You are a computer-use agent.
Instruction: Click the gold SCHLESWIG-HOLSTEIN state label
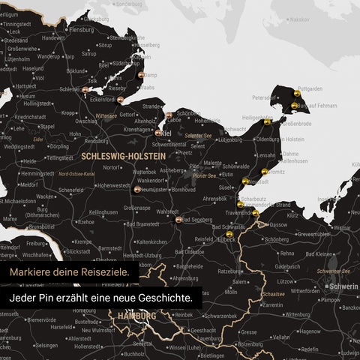click(122, 155)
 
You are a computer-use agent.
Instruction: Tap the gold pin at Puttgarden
click(298, 94)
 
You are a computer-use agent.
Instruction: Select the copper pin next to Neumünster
click(136, 190)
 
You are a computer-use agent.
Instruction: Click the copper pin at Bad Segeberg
click(178, 220)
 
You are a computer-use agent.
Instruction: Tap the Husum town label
click(27, 96)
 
